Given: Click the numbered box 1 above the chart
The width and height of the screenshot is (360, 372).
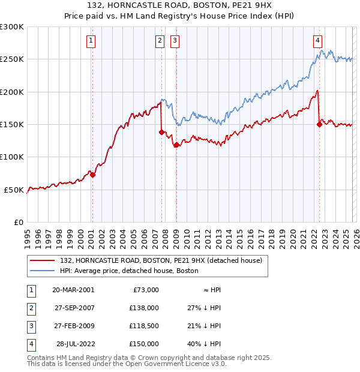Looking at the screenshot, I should point(91,41).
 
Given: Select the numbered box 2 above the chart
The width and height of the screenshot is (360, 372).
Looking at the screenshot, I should point(160,41).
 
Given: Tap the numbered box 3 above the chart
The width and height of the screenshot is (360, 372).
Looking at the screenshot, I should point(175,41).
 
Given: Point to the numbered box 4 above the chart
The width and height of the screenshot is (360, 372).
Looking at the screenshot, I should point(317,41).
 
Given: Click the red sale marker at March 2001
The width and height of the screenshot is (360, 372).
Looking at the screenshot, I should point(92,175).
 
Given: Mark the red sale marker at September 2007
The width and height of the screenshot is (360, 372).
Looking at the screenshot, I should point(162,132).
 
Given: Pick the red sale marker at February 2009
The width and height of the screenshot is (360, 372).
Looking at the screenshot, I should point(176,145).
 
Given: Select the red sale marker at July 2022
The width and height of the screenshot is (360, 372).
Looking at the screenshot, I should point(319,124).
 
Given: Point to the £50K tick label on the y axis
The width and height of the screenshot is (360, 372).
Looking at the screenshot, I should point(14,190).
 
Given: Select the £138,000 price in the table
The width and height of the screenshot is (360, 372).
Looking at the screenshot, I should point(144,308).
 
